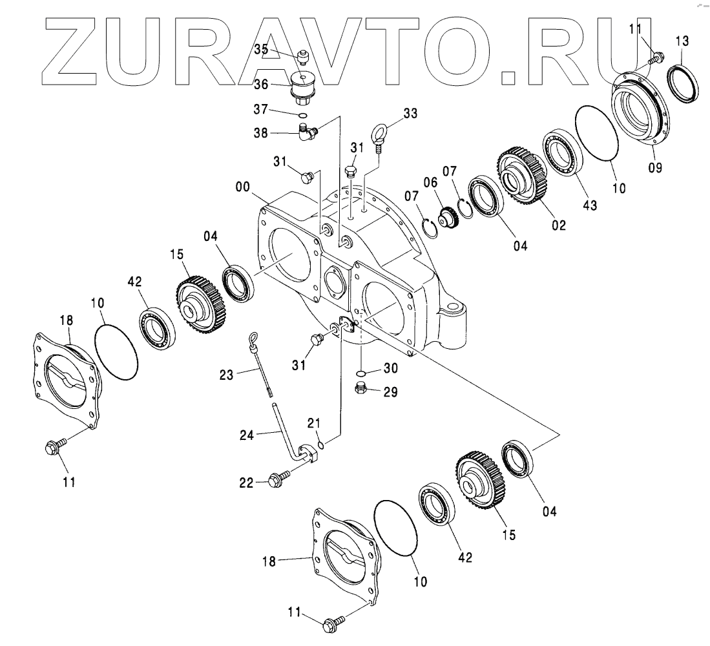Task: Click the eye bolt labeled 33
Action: pyautogui.click(x=379, y=137)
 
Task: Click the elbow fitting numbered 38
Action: pyautogui.click(x=307, y=133)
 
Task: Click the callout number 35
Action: pyautogui.click(x=260, y=49)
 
